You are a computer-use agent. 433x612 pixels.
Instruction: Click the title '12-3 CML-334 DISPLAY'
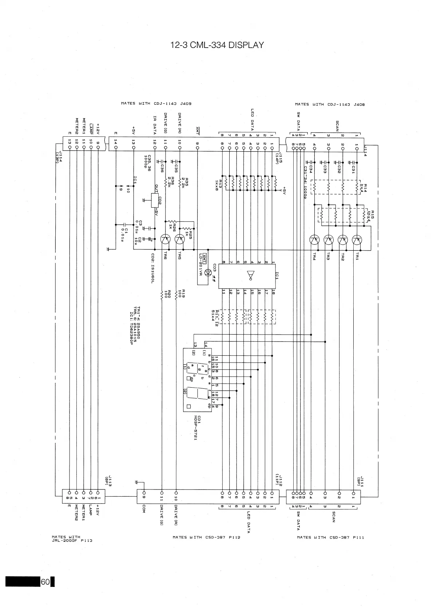pos(217,45)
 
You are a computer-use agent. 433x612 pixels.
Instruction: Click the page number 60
pos(45,582)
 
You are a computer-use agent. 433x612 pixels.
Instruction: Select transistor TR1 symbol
pos(357,240)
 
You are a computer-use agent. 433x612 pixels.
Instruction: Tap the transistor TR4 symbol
pos(314,240)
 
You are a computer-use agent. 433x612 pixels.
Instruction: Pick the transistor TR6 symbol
pos(165,239)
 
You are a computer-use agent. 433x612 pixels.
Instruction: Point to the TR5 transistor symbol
pos(179,239)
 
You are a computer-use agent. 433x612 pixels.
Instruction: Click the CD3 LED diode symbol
pos(208,272)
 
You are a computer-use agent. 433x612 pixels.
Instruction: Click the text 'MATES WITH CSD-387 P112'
pos(206,537)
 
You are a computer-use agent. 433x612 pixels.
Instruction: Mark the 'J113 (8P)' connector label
pos(108,481)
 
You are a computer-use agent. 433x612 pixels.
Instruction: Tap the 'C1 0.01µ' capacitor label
pos(124,234)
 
